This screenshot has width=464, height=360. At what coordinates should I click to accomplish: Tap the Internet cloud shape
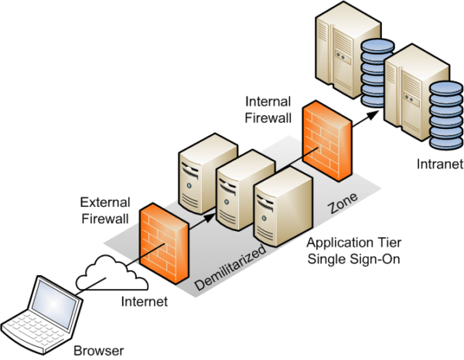point(107,271)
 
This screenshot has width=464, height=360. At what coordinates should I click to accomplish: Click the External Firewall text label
point(105,211)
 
